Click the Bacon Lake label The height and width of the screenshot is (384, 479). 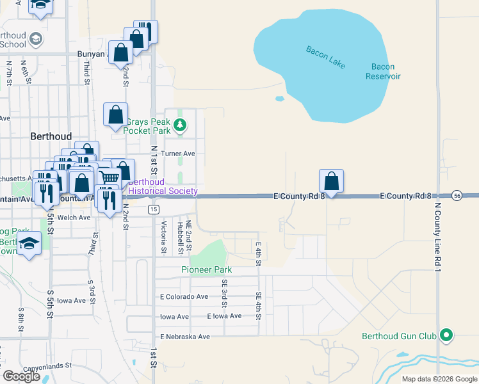(325, 55)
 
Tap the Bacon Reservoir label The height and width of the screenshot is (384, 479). (383, 71)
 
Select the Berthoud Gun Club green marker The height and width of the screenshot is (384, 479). (447, 335)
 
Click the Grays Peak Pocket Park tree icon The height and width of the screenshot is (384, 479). (181, 125)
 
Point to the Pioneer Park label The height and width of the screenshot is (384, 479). (206, 269)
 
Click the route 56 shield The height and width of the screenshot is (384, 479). (457, 195)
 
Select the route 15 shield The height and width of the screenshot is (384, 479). (152, 209)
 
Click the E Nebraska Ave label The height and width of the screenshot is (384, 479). (185, 337)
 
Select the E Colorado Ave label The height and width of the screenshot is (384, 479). (184, 297)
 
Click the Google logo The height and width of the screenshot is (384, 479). (21, 376)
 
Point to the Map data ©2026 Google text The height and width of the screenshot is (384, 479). (439, 379)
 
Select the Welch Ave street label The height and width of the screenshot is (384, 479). (74, 218)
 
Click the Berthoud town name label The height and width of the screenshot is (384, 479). (51, 136)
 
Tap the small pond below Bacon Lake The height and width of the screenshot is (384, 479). (279, 99)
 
